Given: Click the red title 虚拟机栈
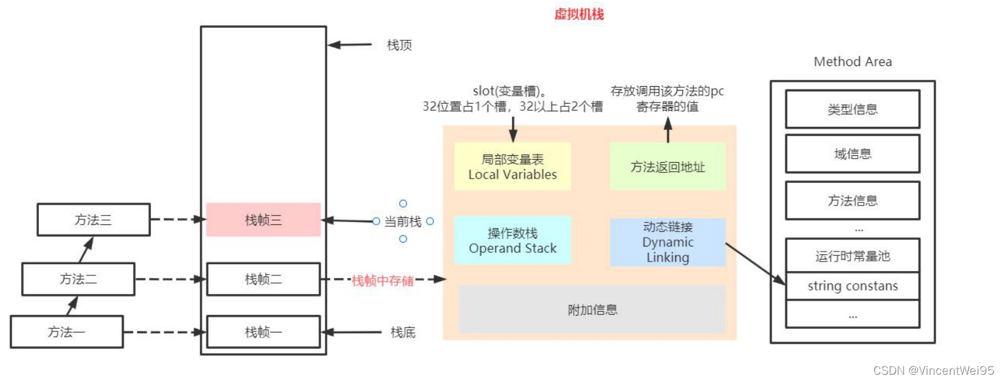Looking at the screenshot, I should pos(579,14).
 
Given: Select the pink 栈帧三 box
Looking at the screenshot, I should pos(263,220).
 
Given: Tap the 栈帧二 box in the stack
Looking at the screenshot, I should pos(263,279).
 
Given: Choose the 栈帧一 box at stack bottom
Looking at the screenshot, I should pos(263,332).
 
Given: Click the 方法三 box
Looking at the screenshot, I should pos(94,220).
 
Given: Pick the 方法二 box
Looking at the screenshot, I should pos(79,279).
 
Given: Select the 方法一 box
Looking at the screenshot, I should pos(67,332).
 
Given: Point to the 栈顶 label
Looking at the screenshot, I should pos(399,45).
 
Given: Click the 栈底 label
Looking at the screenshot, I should pos(403,333).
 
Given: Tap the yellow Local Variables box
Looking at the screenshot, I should pos(512,167).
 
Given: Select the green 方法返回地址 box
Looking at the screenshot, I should pos(667,167).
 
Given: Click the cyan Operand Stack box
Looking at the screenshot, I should pos(512,241).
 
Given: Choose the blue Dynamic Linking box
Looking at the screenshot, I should pos(667,242).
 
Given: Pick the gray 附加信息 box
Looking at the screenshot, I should pos(592,310).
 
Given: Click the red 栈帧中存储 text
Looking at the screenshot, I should pos(383,280).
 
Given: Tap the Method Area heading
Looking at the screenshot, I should pos(853,62).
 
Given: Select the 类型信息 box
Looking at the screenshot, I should pos(853,109).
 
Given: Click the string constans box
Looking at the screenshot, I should pos(853,286).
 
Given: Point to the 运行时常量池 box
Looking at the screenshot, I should pos(853,256).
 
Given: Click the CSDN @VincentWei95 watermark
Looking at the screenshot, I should pos(934,370).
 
